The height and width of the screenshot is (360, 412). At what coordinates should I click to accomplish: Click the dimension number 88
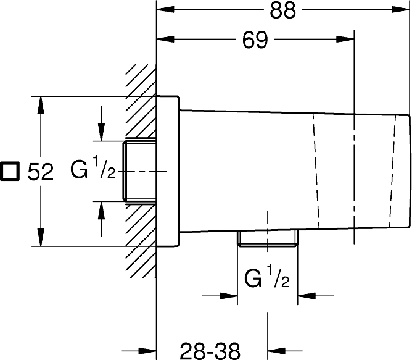(282, 10)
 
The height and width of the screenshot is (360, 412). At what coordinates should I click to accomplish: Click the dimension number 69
(255, 40)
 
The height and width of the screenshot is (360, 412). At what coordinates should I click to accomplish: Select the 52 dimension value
(41, 172)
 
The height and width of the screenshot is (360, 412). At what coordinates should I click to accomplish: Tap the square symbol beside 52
(10, 171)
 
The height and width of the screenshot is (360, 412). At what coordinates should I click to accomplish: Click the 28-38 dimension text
(210, 351)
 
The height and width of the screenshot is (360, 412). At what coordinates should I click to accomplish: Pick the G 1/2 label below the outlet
(266, 278)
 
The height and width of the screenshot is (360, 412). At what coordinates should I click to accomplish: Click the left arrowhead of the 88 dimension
(165, 9)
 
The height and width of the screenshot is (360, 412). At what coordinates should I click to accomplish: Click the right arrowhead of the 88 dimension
(400, 9)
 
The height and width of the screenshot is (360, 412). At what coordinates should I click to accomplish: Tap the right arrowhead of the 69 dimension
(345, 40)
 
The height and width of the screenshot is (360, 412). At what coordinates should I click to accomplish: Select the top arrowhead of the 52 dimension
(41, 105)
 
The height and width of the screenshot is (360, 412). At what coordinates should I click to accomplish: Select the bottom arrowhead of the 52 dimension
(41, 237)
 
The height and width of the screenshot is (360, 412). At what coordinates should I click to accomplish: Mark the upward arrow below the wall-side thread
(101, 219)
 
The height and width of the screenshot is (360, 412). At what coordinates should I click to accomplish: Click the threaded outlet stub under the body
(268, 238)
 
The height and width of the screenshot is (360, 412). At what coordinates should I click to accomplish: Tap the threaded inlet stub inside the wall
(140, 171)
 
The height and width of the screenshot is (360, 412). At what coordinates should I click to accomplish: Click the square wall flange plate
(168, 171)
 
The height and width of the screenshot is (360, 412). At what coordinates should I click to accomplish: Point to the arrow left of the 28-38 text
(139, 351)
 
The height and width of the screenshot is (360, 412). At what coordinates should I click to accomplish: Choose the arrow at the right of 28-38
(285, 351)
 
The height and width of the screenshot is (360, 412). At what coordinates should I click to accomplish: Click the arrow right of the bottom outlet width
(315, 296)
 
